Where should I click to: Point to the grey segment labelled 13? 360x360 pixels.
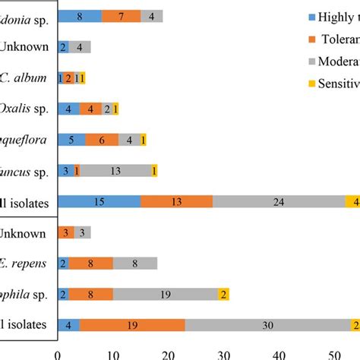115,171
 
